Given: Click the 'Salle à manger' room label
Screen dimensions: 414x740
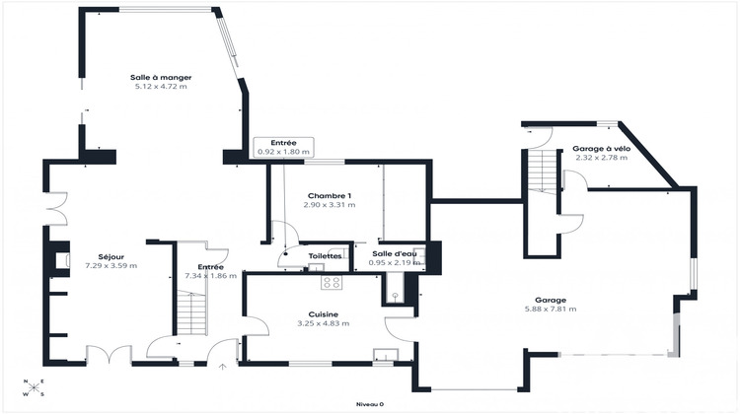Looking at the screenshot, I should point(160,77).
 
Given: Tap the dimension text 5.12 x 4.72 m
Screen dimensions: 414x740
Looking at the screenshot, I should point(160,87).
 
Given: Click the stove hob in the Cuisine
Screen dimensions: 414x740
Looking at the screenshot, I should point(332,282).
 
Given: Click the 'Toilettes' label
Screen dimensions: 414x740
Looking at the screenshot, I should point(325,256).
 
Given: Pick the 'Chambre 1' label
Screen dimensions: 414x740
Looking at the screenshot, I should point(330,195).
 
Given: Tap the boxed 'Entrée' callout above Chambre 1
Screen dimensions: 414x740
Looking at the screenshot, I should point(283,147).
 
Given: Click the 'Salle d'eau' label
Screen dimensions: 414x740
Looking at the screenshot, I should point(393,253).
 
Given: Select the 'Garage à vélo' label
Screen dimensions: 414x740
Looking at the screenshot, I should point(601,149).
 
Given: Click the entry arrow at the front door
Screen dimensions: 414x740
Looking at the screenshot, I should point(222,369).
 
